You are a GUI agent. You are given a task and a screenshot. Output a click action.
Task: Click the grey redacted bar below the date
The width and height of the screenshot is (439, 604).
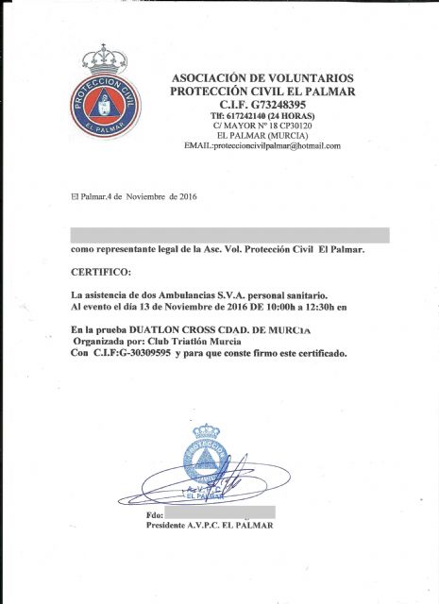tap(229, 235)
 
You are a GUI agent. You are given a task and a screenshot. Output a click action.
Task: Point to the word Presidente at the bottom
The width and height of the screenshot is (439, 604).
tap(173, 525)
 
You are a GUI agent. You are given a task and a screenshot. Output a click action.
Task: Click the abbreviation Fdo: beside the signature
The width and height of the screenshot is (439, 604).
tap(155, 515)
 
